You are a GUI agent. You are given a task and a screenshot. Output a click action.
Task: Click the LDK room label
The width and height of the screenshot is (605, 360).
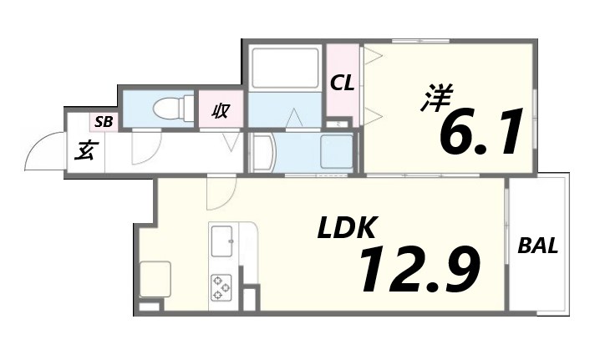pos(346,228)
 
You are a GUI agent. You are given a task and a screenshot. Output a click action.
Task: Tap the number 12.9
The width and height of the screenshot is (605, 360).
pos(419,269)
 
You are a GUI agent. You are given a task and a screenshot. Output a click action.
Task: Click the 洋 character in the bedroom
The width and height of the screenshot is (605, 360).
pos(433,100)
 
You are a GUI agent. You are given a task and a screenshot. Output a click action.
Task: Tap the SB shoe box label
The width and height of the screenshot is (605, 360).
pos(104,122)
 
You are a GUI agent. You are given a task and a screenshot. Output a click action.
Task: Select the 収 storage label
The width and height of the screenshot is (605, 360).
pos(221,109)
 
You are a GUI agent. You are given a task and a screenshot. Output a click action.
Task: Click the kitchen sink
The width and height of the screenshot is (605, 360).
pos(224,241)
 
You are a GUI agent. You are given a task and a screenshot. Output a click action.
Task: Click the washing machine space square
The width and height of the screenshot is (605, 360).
pos(337,151)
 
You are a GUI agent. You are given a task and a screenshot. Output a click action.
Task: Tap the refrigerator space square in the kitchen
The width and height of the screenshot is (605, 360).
pos(155,279)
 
